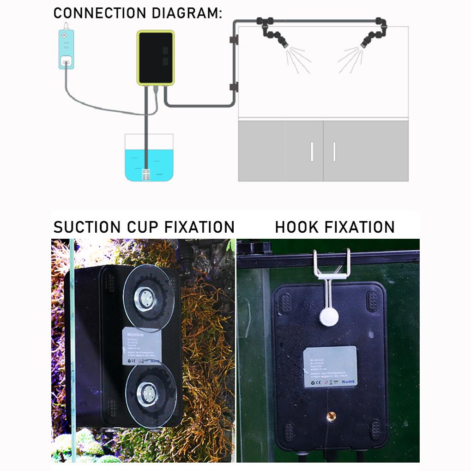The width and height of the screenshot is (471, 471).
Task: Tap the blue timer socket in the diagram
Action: coord(66,49)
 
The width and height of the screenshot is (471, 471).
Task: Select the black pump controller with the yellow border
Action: coord(156,58)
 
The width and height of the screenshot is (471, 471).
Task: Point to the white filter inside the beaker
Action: coord(146,175)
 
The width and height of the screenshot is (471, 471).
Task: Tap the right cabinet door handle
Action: coord(335,152)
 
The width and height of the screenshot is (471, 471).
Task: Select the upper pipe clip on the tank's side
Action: coord(234,40)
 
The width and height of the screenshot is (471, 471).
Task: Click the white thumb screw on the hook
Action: coord(328,316)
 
